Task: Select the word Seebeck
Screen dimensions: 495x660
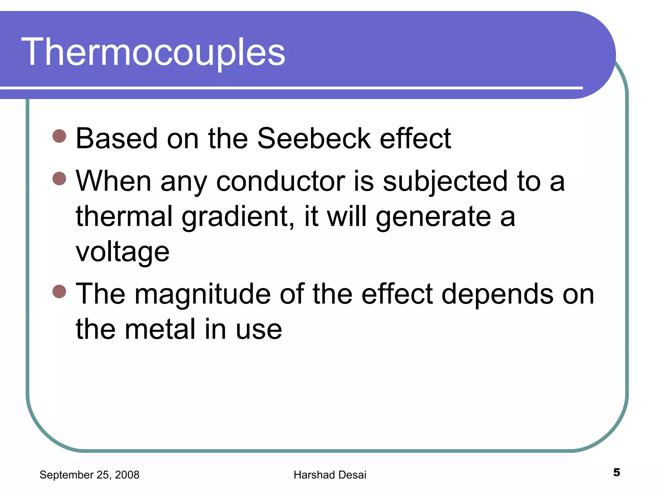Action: point(314,139)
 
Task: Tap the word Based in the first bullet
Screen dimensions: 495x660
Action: point(117,139)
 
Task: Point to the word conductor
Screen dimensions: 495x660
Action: point(280,181)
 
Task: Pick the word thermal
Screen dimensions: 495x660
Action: point(124,216)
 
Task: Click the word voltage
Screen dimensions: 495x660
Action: point(122,252)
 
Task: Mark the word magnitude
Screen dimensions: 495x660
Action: point(202,294)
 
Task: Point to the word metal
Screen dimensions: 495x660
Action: point(160,329)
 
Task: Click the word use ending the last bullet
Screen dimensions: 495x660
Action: point(259,330)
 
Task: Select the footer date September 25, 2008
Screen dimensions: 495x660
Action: point(89,475)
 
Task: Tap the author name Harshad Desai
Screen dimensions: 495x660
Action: point(330,475)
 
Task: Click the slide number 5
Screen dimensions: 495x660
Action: point(616,472)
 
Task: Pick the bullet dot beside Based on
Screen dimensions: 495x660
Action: point(59,136)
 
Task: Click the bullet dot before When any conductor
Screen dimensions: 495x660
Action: point(59,179)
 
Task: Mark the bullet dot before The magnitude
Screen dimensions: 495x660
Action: point(59,291)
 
